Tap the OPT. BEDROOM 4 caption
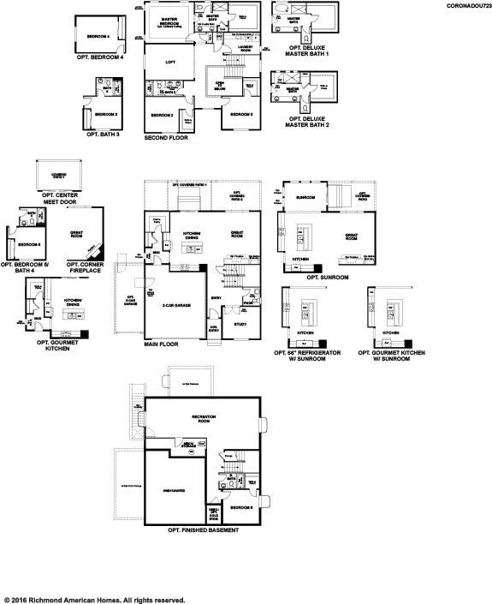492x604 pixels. [105, 57]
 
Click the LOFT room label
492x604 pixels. [170, 62]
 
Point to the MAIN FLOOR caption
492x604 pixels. [162, 345]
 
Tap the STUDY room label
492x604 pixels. [240, 324]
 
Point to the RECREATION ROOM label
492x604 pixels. [203, 417]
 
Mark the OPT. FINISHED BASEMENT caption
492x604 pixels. [203, 530]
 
